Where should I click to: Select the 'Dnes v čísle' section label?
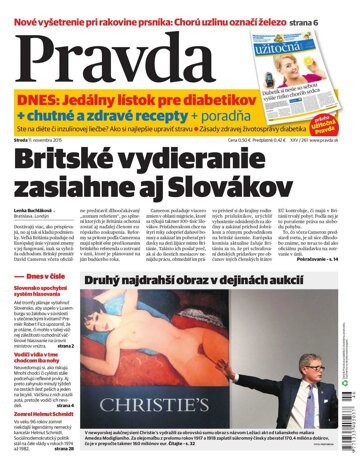(47, 247)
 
